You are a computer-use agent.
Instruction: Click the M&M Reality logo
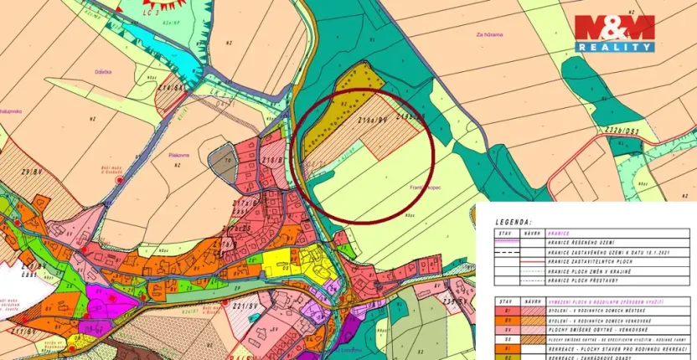614,34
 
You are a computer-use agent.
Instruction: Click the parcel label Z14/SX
171,88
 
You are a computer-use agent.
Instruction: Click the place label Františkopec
423,188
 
